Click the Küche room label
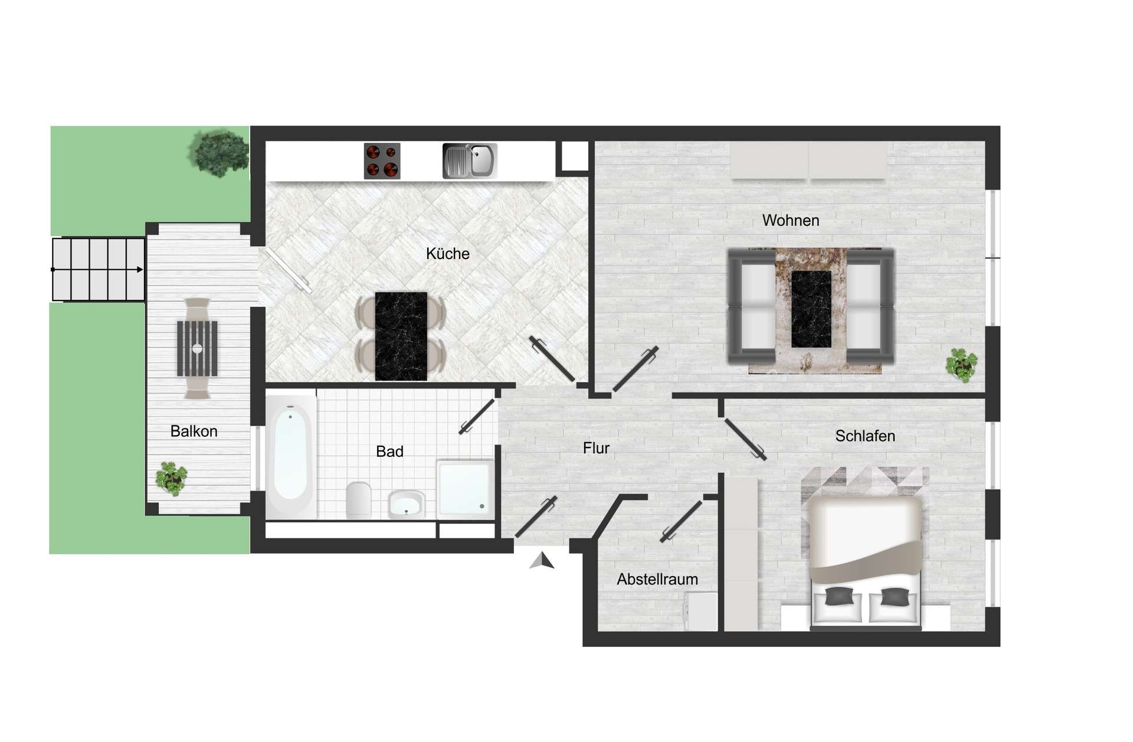447,254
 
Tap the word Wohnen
790,221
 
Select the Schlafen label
865,436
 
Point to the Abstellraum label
657,580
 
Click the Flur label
595,449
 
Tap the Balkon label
194,432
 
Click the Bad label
389,452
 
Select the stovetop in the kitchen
382,161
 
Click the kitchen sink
470,161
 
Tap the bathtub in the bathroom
290,456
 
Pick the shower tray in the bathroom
465,488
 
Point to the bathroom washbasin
406,505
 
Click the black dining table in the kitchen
401,336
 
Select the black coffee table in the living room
811,309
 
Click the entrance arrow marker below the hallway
542,561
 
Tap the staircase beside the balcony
98,270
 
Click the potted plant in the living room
961,365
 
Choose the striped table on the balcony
197,348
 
